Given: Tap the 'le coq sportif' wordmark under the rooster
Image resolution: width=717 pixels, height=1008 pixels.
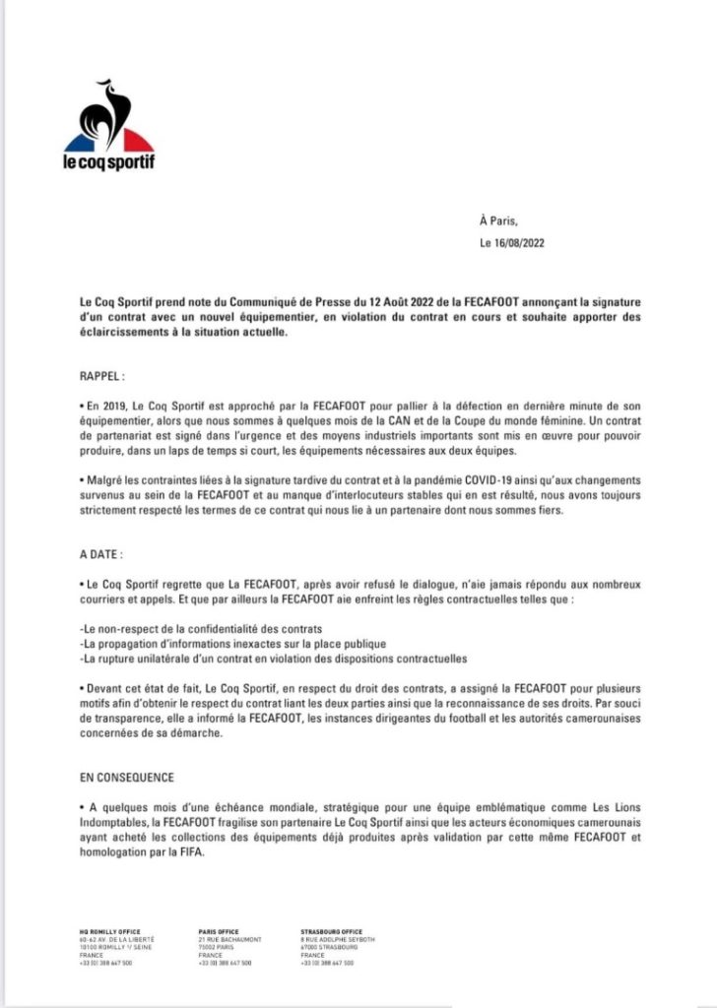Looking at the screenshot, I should tap(109, 160).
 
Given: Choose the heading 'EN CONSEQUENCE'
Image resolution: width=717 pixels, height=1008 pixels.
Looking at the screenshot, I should tap(127, 778).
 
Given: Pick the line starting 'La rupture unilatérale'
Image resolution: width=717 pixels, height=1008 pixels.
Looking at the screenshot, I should tap(273, 658).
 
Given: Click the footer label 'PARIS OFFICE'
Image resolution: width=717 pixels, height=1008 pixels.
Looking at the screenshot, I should tap(220, 931).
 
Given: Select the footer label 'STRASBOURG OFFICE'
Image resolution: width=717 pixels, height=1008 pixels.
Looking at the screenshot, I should tap(331, 931).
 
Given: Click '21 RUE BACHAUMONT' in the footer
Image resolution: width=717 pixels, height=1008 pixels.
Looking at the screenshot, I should tap(230, 939).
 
